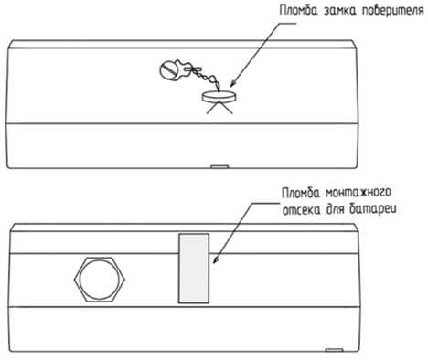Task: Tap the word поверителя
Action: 393,11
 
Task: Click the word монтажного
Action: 358,193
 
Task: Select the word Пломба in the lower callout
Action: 301,193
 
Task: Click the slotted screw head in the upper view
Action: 169,70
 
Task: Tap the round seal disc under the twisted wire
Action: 219,96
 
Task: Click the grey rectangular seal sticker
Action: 194,269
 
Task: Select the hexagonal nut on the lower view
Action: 100,280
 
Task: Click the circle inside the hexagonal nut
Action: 100,280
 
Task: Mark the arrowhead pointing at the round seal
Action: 233,83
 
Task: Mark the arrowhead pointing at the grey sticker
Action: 216,259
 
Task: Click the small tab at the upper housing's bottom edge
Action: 219,166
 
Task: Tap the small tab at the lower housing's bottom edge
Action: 335,350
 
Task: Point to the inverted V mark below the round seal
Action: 219,108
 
